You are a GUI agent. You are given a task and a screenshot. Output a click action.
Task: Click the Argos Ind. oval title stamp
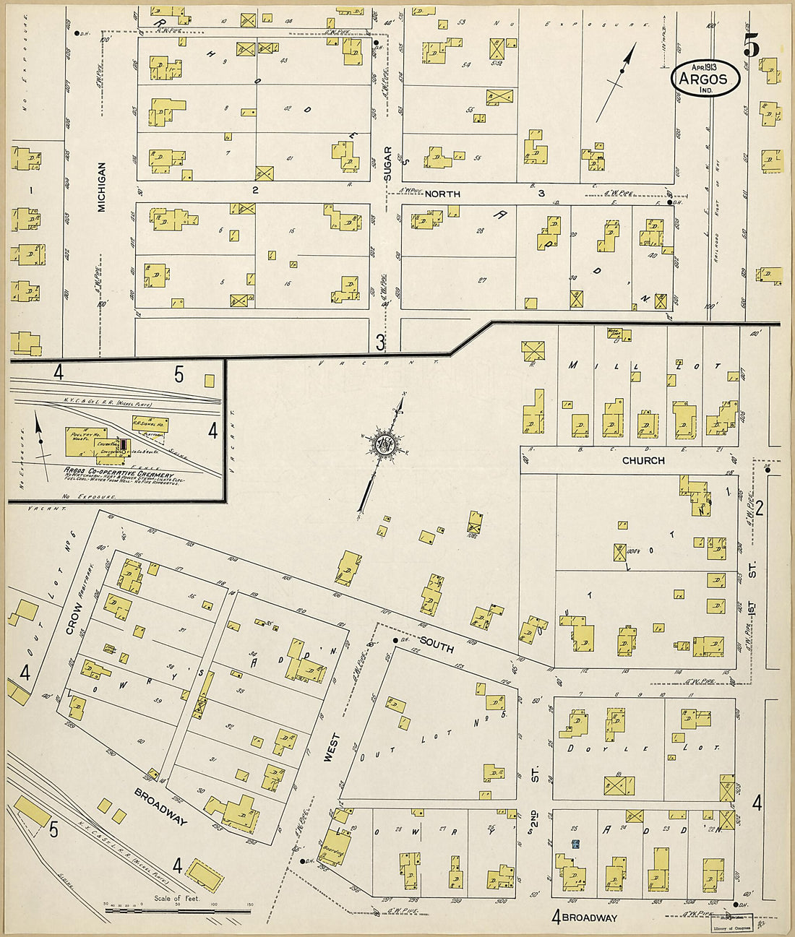point(705,77)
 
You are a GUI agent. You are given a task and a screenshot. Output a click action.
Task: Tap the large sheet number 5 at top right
point(751,47)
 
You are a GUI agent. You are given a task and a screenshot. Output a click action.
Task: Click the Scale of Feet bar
point(179,910)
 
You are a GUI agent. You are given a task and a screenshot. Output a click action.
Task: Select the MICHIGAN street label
point(102,186)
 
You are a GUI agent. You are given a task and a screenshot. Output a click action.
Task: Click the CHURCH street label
point(643,460)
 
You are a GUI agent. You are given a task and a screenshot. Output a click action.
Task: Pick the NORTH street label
point(442,194)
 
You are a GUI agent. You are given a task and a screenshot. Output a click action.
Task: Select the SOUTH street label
point(437,644)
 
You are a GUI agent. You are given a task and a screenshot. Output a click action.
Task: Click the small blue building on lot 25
point(575,844)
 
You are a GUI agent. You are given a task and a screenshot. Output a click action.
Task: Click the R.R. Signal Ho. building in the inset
point(150,424)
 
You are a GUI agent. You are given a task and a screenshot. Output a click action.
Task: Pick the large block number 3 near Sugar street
point(380,341)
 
